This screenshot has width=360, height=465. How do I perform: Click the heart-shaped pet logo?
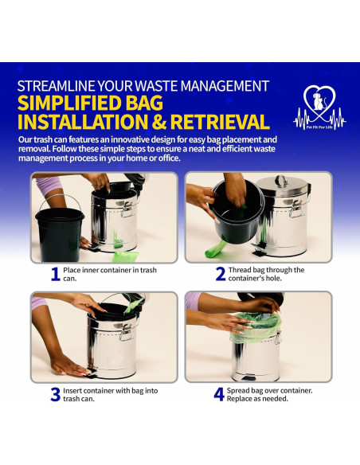319,107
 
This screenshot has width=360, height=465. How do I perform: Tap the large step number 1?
56,275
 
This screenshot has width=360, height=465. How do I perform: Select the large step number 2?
221,274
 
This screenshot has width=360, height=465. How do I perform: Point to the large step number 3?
56,394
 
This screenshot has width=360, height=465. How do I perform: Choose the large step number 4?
219,394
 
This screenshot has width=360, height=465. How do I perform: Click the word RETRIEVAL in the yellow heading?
220,122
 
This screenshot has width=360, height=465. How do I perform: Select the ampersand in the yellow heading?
160,122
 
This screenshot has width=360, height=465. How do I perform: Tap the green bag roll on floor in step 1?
125,256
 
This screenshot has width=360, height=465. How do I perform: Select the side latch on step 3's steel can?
126,331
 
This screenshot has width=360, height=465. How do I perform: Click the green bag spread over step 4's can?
255,326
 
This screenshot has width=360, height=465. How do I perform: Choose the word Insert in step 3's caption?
72,391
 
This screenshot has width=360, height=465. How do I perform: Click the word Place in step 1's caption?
72,270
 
